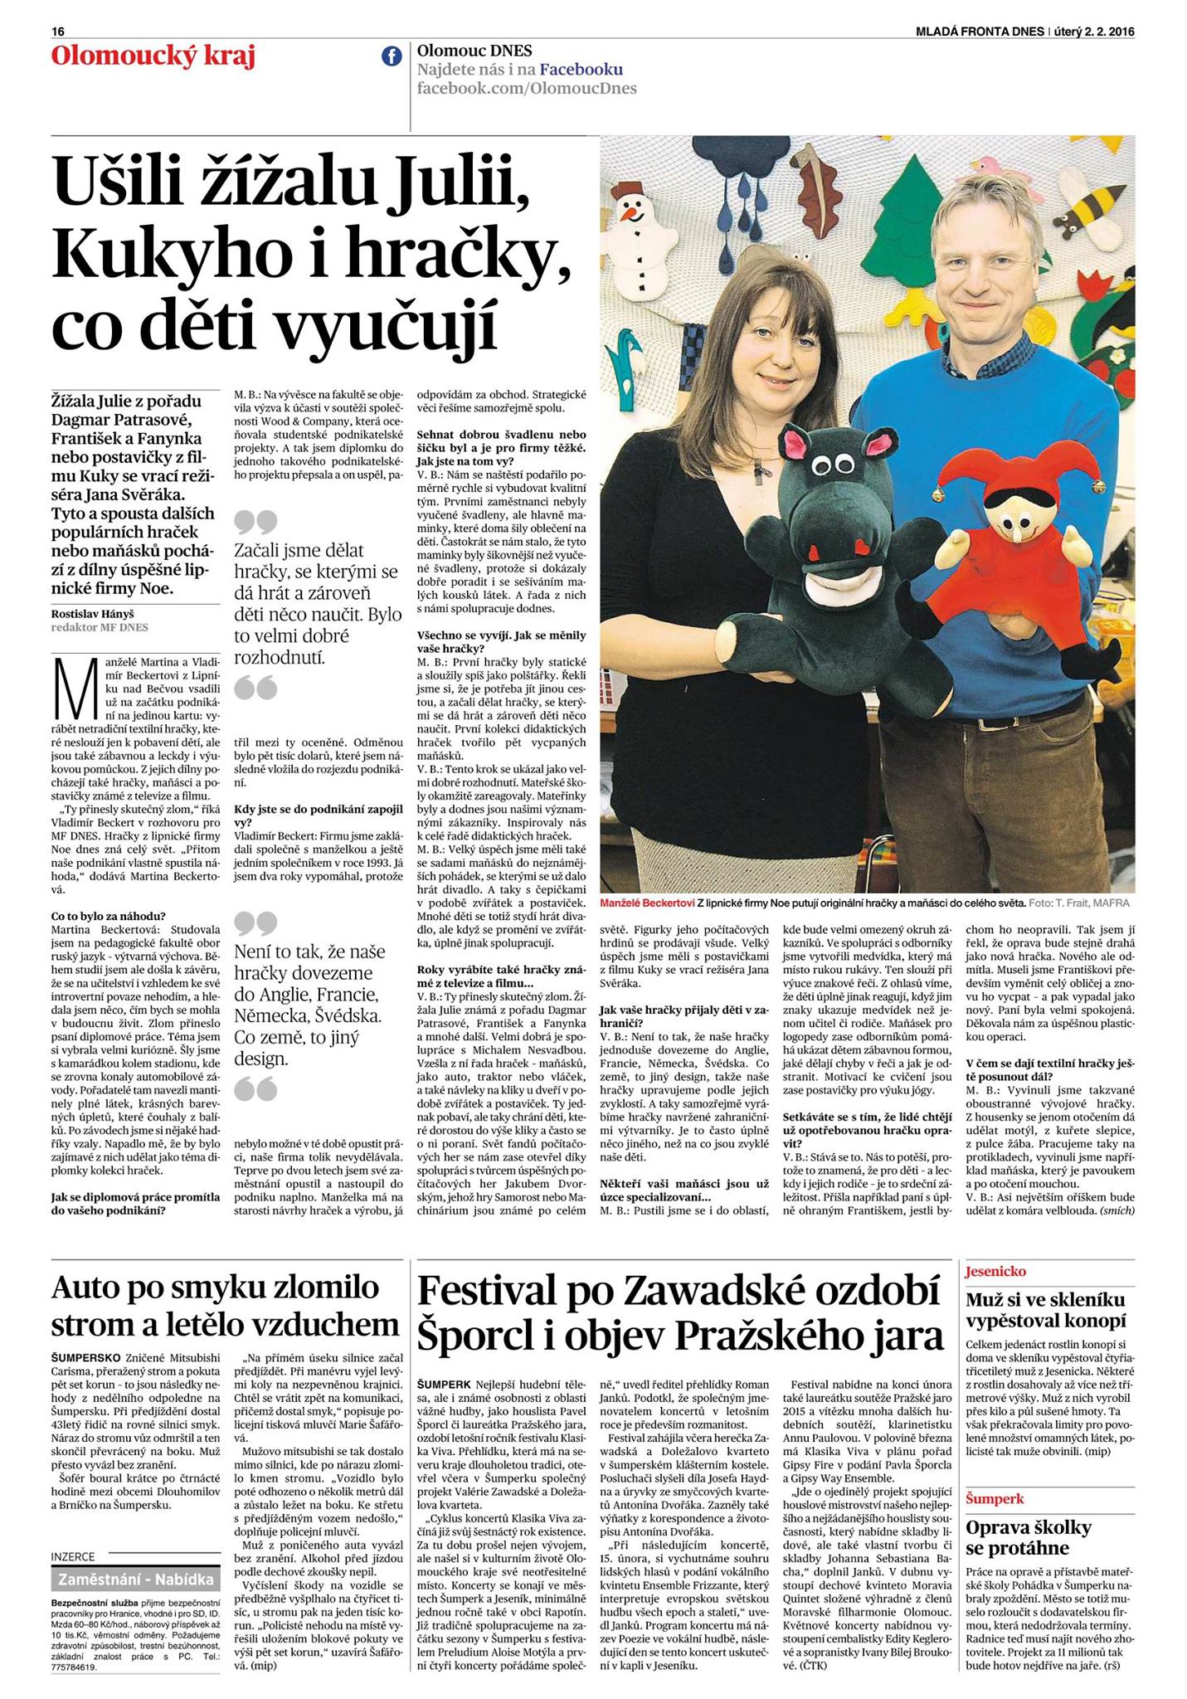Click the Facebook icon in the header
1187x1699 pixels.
(x=391, y=56)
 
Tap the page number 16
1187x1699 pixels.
(x=57, y=32)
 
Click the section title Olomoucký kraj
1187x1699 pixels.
(x=153, y=57)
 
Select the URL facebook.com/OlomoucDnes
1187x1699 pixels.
(x=527, y=89)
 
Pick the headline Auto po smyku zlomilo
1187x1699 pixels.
(x=216, y=1287)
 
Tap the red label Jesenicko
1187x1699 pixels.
(x=995, y=1271)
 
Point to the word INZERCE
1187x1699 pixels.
(x=73, y=1557)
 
